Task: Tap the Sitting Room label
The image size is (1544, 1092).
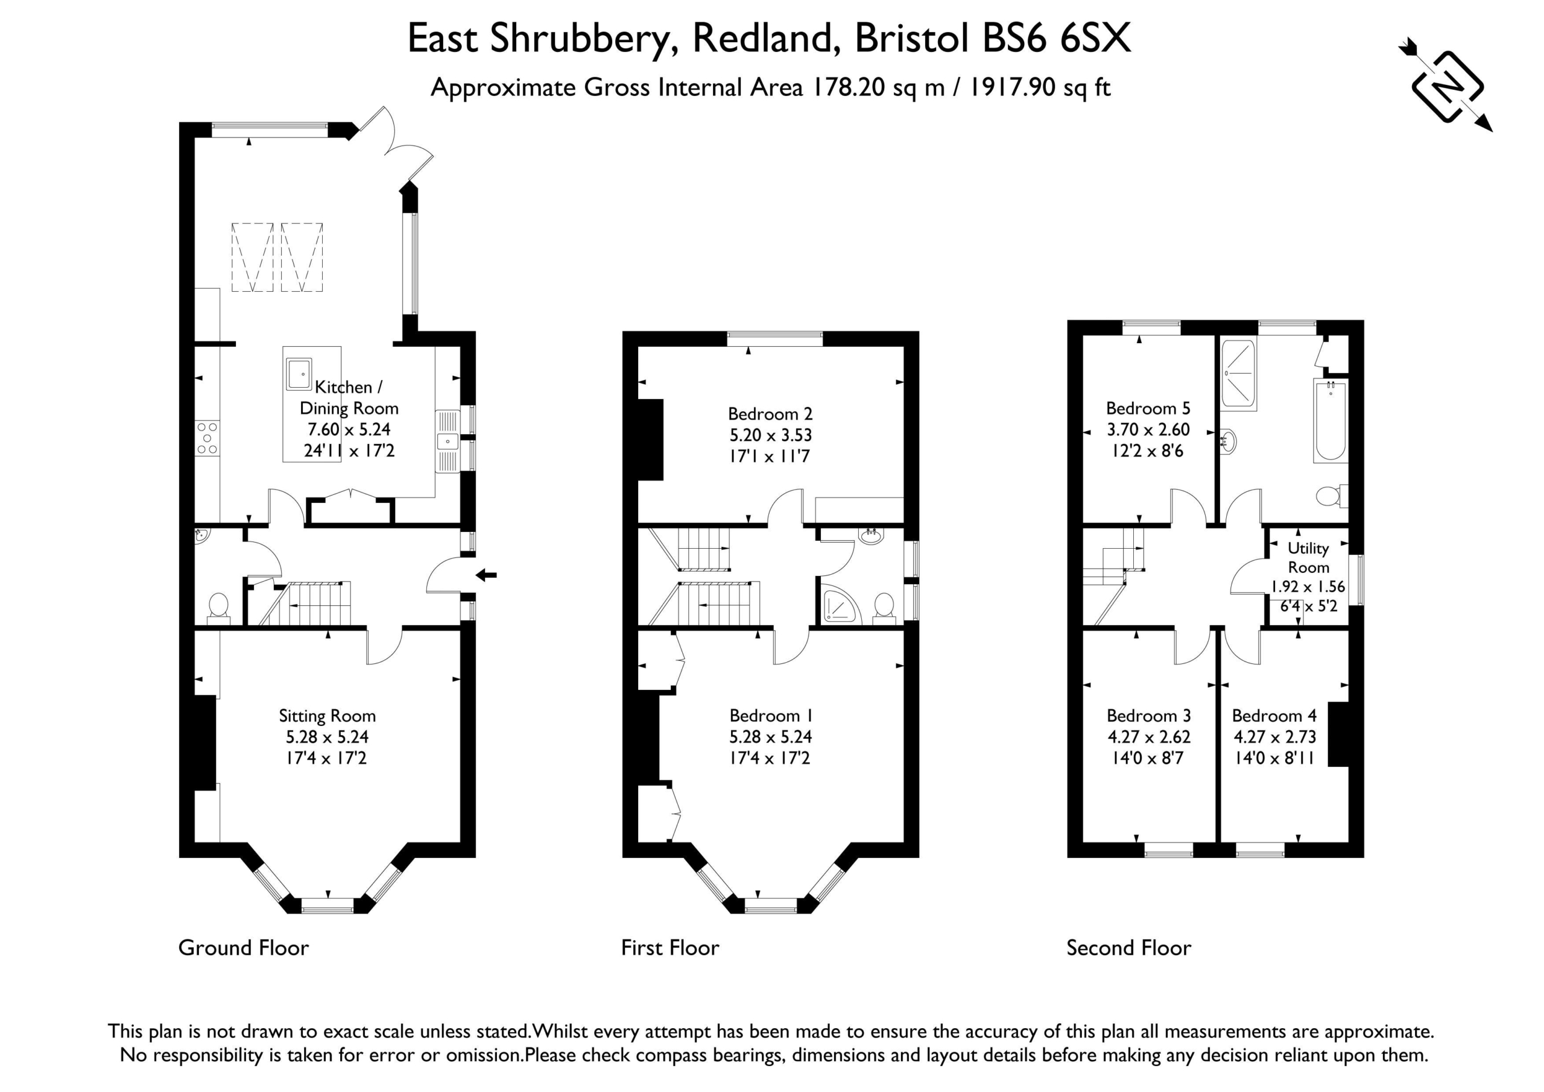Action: click(327, 716)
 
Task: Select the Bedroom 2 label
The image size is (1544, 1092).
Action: click(770, 414)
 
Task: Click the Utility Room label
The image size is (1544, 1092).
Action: click(1308, 557)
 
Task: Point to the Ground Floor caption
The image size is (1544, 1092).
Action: click(244, 948)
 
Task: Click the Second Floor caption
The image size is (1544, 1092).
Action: click(1129, 948)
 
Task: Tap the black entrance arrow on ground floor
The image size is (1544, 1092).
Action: click(486, 575)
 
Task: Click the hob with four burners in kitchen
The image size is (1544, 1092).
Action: click(207, 438)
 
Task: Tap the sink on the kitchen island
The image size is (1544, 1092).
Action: click(299, 374)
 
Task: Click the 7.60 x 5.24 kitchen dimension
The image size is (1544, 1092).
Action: click(349, 429)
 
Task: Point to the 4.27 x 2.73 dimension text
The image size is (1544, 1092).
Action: click(1274, 736)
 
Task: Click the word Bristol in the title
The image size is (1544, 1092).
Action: click(913, 39)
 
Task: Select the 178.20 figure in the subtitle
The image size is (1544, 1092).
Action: click(849, 87)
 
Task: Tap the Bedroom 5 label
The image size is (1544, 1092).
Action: click(1148, 408)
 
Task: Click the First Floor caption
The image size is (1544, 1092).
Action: click(671, 948)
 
